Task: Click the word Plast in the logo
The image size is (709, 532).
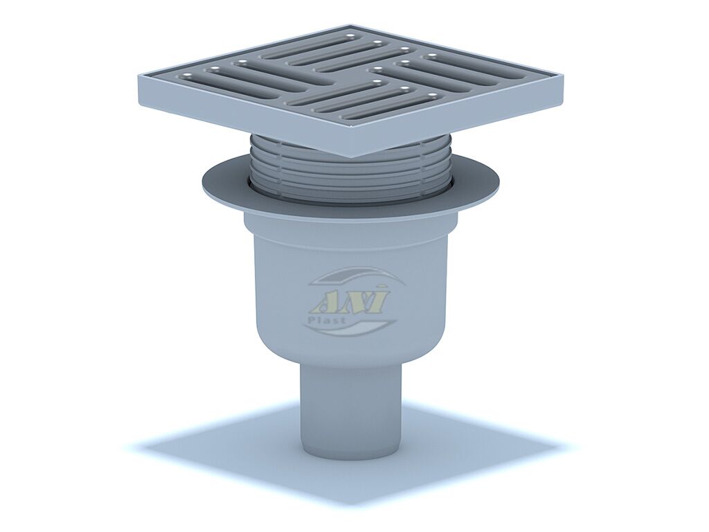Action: pyautogui.click(x=332, y=319)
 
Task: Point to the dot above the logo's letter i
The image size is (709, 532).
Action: pyautogui.click(x=384, y=286)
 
